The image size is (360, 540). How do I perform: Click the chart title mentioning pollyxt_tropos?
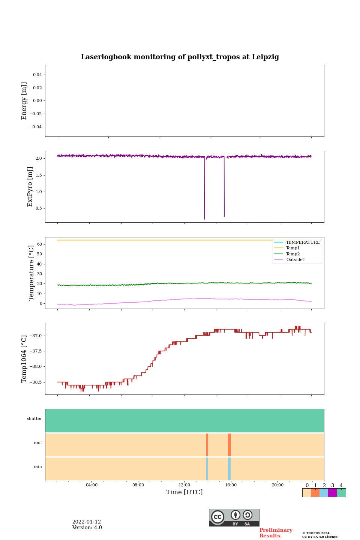tap(180, 57)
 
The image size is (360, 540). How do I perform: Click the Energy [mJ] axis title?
tap(24, 101)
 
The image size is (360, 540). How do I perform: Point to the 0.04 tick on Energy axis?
tap(37, 75)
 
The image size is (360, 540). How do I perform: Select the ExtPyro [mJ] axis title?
tap(30, 187)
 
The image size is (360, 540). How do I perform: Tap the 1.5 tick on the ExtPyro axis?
tap(39, 175)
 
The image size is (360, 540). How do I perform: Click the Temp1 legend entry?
tap(293, 248)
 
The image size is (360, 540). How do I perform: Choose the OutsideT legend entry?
tap(295, 260)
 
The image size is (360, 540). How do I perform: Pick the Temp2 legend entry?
tap(293, 254)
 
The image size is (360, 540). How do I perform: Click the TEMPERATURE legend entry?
tap(303, 243)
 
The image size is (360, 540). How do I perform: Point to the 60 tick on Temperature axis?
tap(39, 244)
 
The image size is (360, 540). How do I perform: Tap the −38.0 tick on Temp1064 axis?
tap(34, 367)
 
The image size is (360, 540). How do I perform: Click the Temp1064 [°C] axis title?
tap(24, 359)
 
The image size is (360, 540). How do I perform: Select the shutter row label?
tap(34, 419)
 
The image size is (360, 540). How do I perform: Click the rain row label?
tap(38, 467)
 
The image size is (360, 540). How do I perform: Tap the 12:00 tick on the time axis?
tap(184, 485)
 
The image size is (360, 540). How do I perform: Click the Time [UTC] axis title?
tap(184, 492)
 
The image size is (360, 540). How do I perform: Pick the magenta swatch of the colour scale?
tap(332, 493)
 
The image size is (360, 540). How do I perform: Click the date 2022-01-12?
tap(87, 522)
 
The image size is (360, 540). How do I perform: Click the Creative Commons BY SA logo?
tap(234, 517)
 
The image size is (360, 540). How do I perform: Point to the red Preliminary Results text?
tap(276, 533)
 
